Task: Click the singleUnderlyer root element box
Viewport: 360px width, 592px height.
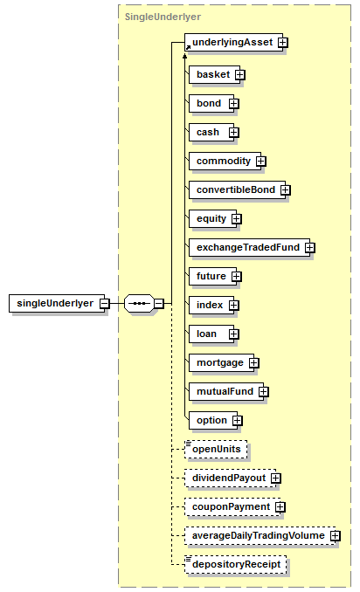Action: (57, 303)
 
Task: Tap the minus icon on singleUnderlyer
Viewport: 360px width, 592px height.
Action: (105, 303)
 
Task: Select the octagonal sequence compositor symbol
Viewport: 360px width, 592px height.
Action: (139, 303)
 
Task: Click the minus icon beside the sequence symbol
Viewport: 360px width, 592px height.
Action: (159, 303)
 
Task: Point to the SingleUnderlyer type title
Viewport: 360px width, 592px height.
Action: (163, 17)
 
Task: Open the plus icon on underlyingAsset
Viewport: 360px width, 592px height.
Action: (282, 42)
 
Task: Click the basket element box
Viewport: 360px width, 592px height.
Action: (215, 74)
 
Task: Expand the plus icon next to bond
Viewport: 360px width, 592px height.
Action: (234, 103)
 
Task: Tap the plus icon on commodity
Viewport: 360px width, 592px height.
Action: (260, 162)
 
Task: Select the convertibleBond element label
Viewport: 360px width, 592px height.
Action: (236, 189)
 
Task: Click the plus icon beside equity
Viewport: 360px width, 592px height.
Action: (237, 219)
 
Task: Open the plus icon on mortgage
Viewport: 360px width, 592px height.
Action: (254, 363)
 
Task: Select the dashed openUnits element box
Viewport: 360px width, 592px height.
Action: (216, 450)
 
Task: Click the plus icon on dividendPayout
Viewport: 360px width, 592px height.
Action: (276, 478)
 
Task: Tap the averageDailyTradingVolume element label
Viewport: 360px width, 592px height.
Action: (259, 535)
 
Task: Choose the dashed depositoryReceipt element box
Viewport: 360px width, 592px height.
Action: (235, 564)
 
